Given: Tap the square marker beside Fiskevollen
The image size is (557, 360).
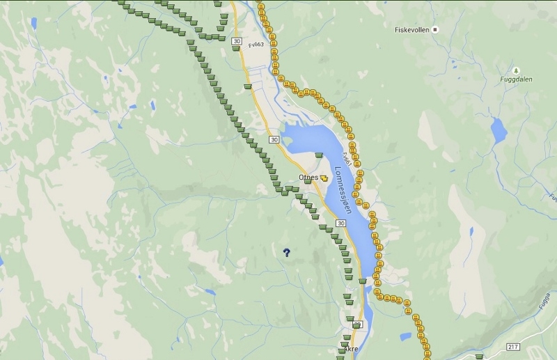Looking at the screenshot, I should [435, 29].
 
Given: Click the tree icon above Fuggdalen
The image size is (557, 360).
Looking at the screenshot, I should [515, 70].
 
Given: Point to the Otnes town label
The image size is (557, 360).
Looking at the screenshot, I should [308, 178].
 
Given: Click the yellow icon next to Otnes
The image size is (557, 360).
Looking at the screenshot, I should [324, 178].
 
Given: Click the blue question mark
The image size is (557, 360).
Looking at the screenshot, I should [286, 253].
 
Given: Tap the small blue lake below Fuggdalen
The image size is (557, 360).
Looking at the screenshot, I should [499, 130].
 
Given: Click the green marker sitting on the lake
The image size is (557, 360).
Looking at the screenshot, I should [319, 155].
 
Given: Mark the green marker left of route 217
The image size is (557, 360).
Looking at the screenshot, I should [478, 357].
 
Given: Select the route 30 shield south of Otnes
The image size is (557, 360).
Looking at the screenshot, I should [340, 223].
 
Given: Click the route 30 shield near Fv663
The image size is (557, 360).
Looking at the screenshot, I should [237, 41].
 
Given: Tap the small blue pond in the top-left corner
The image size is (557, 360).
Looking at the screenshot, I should [33, 23].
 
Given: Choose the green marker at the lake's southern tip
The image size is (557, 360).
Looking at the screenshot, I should [362, 281].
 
